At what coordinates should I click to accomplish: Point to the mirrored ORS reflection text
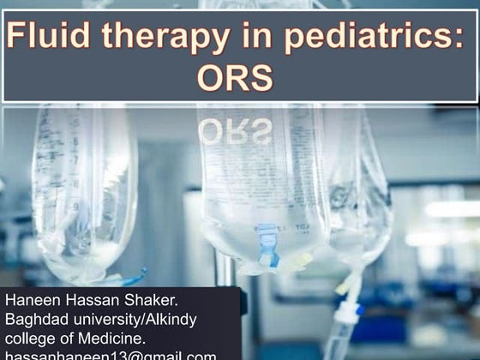[235, 130]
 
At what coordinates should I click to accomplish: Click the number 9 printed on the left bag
[75, 207]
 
